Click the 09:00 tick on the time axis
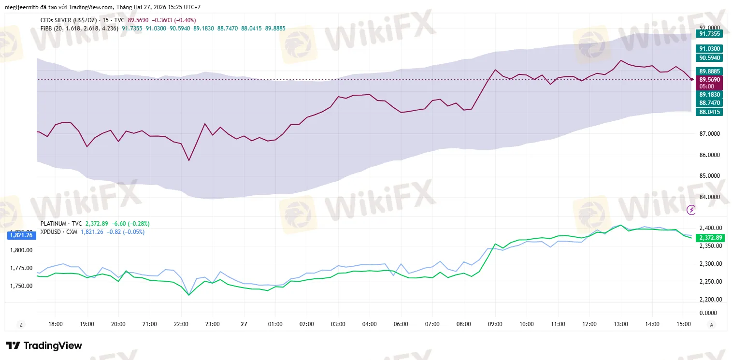pos(495,324)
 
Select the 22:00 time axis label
pos(181,324)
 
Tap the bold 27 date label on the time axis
pos(244,324)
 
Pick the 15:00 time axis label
pos(683,324)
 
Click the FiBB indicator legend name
pos(46,29)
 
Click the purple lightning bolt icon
pos(691,210)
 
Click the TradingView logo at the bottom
pos(43,346)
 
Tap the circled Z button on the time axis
pos(20,325)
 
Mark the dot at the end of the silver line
pos(692,79)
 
